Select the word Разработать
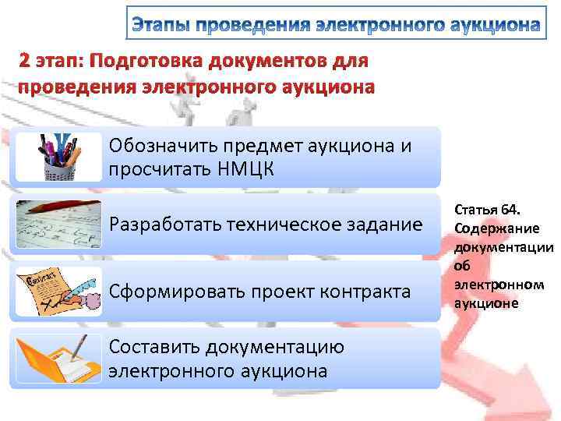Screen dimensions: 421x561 click(161, 226)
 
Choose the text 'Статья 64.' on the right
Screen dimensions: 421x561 click(486, 210)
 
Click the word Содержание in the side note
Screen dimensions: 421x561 click(493, 228)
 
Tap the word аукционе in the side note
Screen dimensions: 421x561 click(486, 303)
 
